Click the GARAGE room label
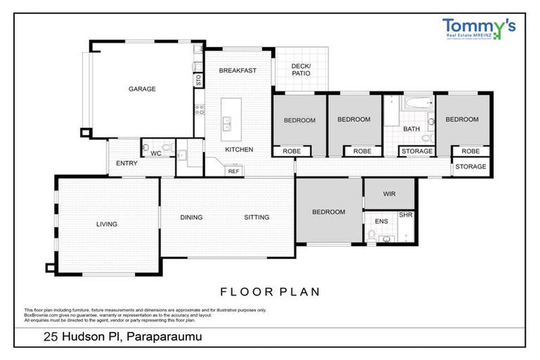[141, 89]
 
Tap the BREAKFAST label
[237, 70]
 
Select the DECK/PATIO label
[300, 69]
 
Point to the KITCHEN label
[238, 150]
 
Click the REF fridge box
[233, 170]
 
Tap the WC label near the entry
[156, 152]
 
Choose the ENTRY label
[127, 163]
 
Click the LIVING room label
[107, 224]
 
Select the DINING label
[191, 217]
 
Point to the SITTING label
[257, 217]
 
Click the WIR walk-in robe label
[390, 193]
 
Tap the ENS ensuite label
[381, 221]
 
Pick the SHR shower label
[406, 215]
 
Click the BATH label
[411, 129]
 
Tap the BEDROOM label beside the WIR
[328, 212]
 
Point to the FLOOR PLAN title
[270, 291]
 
